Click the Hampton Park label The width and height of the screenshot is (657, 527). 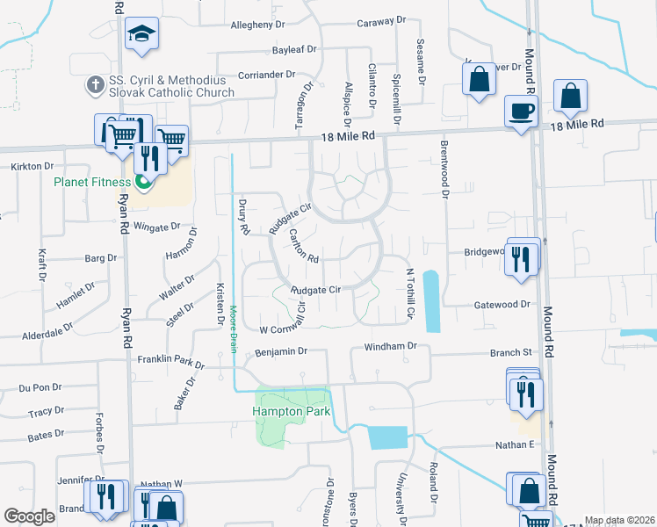coord(289,410)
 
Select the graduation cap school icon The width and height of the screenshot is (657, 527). coord(141,33)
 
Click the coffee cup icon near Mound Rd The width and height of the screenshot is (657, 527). coord(521,112)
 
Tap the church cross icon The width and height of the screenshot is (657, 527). coord(94,84)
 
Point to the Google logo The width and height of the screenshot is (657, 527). coord(29,516)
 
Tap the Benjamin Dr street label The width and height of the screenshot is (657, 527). coord(280,351)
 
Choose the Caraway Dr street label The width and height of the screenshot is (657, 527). coord(382,19)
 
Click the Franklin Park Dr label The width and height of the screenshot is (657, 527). coord(171,361)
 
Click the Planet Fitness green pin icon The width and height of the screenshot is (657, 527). coord(142,184)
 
